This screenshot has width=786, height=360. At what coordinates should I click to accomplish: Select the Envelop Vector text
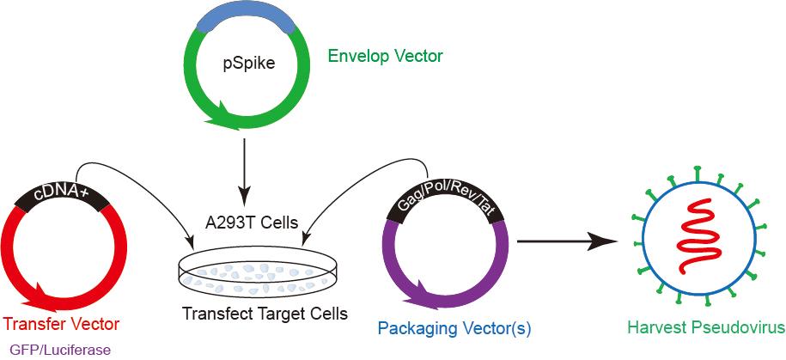pyautogui.click(x=385, y=56)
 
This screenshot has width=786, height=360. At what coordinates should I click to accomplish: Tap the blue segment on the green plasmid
pyautogui.click(x=245, y=19)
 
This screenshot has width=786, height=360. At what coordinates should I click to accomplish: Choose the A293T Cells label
pyautogui.click(x=251, y=223)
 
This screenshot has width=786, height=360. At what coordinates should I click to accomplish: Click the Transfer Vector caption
pyautogui.click(x=61, y=325)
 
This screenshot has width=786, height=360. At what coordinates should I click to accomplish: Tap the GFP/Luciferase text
pyautogui.click(x=60, y=350)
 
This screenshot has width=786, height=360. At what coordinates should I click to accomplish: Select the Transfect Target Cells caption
pyautogui.click(x=265, y=314)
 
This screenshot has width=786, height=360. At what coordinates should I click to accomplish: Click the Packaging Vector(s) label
pyautogui.click(x=454, y=329)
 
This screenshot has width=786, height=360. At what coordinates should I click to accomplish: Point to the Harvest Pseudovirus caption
pyautogui.click(x=705, y=328)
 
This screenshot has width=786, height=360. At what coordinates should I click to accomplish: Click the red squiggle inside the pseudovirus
pyautogui.click(x=700, y=236)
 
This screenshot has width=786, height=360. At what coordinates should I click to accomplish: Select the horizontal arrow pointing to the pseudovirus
pyautogui.click(x=567, y=241)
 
